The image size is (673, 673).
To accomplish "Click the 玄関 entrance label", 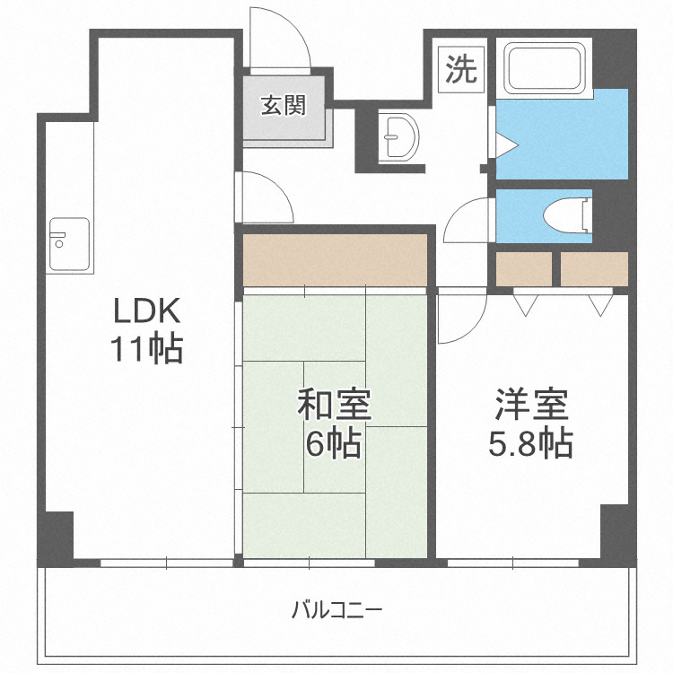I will pyautogui.click(x=284, y=105).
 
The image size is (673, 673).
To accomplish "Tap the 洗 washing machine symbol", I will pyautogui.click(x=462, y=69).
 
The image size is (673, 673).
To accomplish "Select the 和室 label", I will pyautogui.click(x=334, y=406).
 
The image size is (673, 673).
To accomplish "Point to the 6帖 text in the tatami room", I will pyautogui.click(x=334, y=443).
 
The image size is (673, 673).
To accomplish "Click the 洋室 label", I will pyautogui.click(x=531, y=406).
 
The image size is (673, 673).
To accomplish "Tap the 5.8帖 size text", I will pyautogui.click(x=531, y=443).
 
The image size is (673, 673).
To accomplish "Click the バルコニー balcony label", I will pyautogui.click(x=336, y=611).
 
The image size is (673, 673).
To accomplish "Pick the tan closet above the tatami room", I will pyautogui.click(x=334, y=259).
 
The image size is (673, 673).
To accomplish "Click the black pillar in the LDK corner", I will pyautogui.click(x=56, y=536).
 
